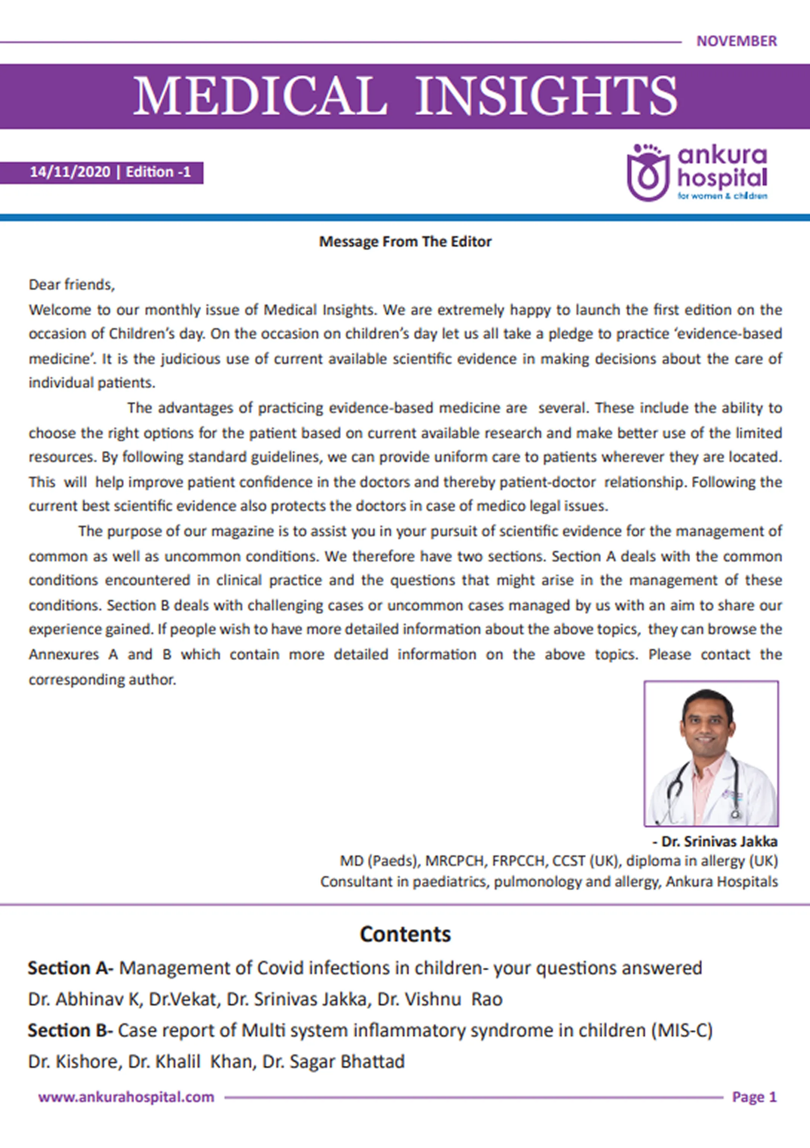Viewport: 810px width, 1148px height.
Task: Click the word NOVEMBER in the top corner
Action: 736,41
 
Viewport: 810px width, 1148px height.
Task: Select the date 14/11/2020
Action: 70,173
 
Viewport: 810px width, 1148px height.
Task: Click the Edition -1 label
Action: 158,173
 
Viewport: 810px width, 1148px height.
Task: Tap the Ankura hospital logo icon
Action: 648,173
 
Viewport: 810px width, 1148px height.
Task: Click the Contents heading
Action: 405,934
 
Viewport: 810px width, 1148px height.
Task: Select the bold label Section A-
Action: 71,968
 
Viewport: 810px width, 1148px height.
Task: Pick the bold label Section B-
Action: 71,1031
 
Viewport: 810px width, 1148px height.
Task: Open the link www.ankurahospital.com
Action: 126,1097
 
